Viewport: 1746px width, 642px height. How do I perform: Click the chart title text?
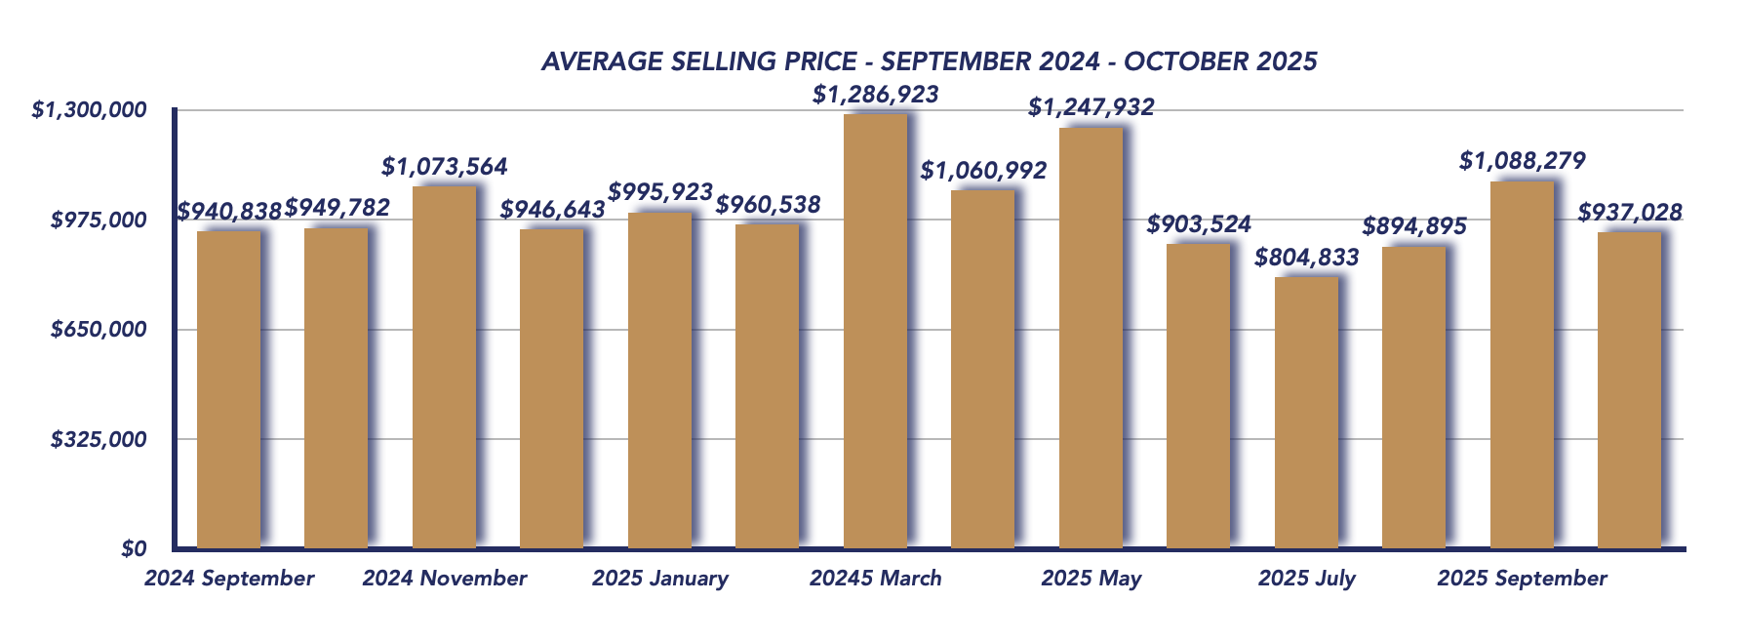point(929,61)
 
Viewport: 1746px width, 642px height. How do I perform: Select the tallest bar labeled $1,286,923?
point(875,332)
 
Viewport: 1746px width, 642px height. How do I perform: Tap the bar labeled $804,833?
point(1306,413)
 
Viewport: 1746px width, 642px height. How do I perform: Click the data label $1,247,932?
point(1091,107)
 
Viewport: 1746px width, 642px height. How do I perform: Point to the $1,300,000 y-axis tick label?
point(89,110)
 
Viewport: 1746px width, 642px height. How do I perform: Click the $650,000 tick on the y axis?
point(99,330)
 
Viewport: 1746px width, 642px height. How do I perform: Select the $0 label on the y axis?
point(134,549)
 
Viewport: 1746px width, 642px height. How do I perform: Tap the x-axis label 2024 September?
point(229,579)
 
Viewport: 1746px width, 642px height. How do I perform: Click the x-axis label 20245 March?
point(875,579)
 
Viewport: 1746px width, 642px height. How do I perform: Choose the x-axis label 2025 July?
point(1306,579)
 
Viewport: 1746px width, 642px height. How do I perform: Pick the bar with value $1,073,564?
point(444,367)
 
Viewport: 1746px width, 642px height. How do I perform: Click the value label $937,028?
point(1629,212)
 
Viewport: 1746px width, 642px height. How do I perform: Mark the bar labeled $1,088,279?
point(1522,365)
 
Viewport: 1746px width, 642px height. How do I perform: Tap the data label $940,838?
point(229,211)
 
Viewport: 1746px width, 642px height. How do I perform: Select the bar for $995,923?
point(659,381)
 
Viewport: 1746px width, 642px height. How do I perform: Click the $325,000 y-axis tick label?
point(99,440)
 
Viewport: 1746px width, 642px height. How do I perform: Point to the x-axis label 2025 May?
point(1091,579)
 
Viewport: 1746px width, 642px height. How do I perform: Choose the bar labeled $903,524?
point(1198,396)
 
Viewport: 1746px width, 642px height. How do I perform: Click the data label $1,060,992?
point(983,171)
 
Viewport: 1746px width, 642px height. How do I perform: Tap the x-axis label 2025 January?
point(659,579)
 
